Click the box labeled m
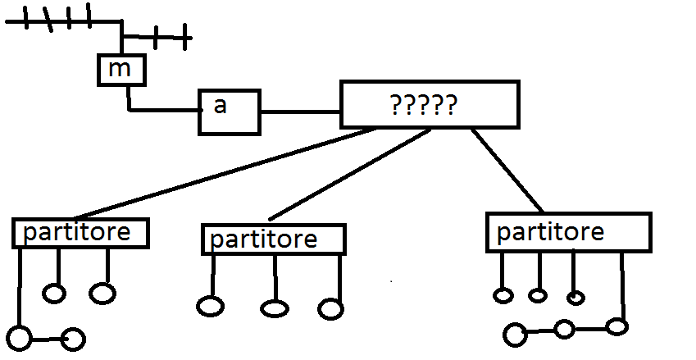click(x=121, y=70)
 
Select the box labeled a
click(x=230, y=112)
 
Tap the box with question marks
click(x=430, y=105)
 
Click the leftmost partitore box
click(x=80, y=233)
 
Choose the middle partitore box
click(x=273, y=239)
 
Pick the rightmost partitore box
click(x=568, y=232)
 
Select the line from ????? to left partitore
click(x=230, y=172)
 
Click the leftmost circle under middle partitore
click(x=211, y=306)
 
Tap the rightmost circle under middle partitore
click(x=330, y=309)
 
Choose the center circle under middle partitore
click(x=275, y=308)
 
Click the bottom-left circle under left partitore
click(x=20, y=337)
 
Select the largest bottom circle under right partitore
click(x=515, y=334)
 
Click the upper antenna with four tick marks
click(x=61, y=21)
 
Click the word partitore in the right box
click(x=550, y=232)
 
